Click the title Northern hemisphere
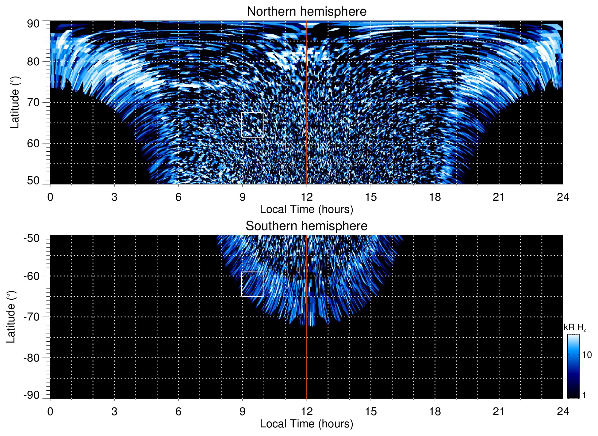point(306,12)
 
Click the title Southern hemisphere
point(306,226)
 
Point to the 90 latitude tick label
point(33,24)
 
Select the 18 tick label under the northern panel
point(435,197)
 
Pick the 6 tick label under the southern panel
point(178,411)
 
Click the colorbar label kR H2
point(574,328)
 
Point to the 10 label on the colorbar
point(587,355)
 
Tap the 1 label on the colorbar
point(584,395)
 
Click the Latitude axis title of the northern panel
point(15,102)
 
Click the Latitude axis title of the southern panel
point(11,317)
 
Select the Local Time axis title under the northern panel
point(306,209)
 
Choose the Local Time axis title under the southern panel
point(306,424)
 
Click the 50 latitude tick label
point(33,181)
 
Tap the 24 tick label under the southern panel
point(563,411)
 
